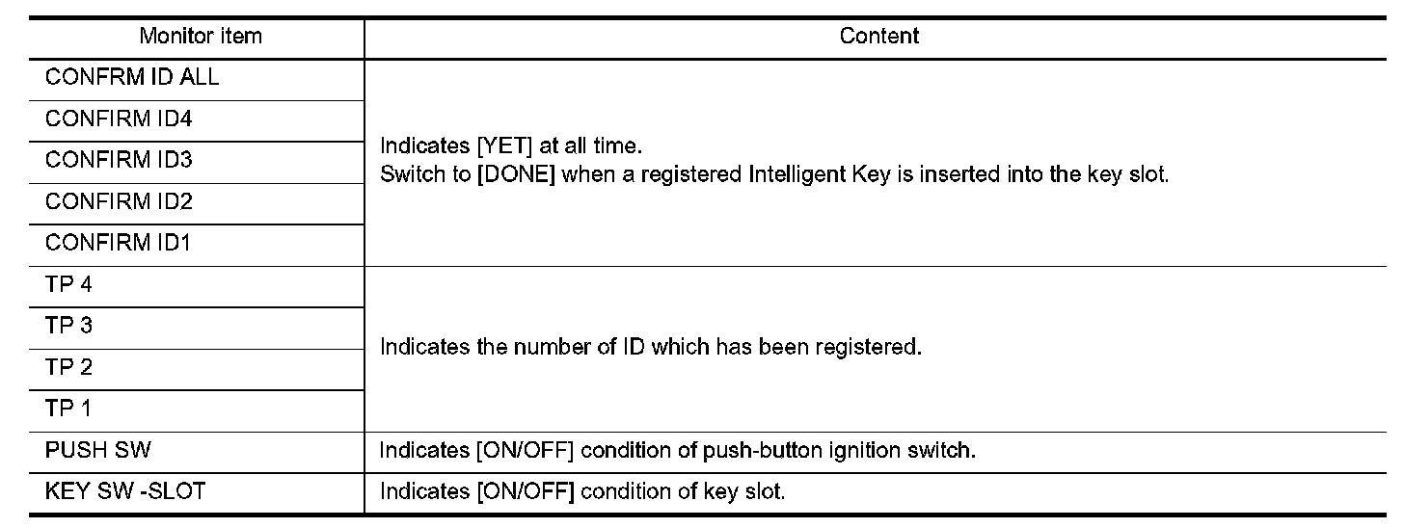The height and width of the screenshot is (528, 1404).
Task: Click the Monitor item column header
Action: click(201, 37)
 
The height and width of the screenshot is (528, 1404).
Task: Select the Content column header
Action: click(878, 36)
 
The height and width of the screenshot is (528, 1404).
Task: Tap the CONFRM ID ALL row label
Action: click(132, 77)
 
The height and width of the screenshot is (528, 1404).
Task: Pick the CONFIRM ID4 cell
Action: click(119, 119)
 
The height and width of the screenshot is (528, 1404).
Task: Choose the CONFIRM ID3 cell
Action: click(119, 160)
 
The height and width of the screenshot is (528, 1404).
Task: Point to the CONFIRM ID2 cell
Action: click(119, 201)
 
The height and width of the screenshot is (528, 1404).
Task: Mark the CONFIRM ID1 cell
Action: click(118, 243)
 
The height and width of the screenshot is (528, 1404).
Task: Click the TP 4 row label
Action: click(69, 284)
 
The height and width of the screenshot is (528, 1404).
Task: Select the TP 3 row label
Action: click(69, 326)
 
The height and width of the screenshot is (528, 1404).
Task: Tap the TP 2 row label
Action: click(69, 367)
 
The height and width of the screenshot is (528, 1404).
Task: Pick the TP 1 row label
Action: click(68, 409)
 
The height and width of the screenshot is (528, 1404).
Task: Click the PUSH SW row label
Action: click(97, 450)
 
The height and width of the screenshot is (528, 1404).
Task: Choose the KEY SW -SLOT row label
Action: click(125, 491)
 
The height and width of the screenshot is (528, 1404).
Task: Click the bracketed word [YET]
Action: click(504, 145)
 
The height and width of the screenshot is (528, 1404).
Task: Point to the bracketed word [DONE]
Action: click(516, 174)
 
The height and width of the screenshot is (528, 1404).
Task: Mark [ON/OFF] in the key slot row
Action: click(526, 491)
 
